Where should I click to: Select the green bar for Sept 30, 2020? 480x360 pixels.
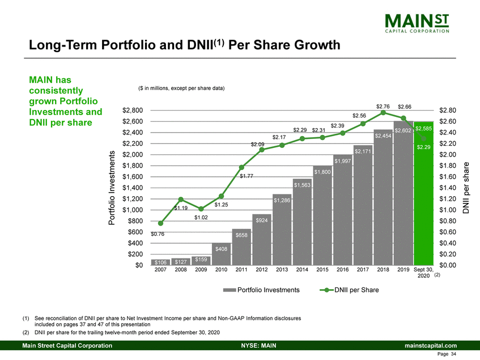pyautogui.click(x=423, y=198)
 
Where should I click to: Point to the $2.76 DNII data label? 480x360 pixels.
pyautogui.click(x=383, y=106)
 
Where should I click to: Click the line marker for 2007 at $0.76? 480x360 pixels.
pyautogui.click(x=160, y=223)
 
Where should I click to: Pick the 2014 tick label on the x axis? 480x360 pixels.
pyautogui.click(x=302, y=271)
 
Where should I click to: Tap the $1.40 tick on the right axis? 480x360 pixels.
pyautogui.click(x=448, y=188)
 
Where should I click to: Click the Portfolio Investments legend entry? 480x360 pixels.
pyautogui.click(x=261, y=290)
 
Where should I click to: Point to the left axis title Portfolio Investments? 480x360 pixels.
pyautogui.click(x=113, y=187)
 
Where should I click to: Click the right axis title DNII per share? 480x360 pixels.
pyautogui.click(x=466, y=188)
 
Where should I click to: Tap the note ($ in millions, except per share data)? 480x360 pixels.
pyautogui.click(x=181, y=88)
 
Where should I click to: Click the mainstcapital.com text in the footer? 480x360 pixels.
pyautogui.click(x=429, y=345)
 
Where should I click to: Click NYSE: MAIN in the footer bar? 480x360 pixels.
pyautogui.click(x=253, y=345)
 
